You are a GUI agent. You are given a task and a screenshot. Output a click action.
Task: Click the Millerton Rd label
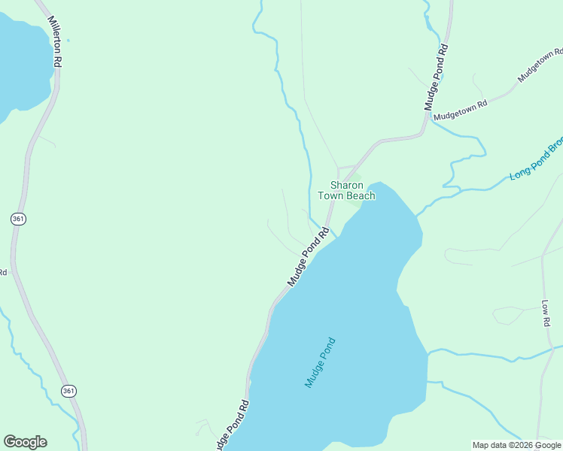point(53,42)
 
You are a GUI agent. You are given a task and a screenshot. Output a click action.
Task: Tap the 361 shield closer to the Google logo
point(68,391)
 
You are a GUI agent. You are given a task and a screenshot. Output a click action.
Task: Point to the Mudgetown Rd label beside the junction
point(461,110)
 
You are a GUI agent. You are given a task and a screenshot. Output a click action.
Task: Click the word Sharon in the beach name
point(347,185)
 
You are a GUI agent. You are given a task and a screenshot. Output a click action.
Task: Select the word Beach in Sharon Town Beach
point(361,196)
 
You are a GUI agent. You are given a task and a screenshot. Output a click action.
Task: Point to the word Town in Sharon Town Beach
point(330,196)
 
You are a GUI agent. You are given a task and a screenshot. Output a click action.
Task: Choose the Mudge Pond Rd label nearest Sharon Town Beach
point(309,256)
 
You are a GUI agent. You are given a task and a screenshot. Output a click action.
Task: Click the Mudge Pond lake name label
point(320,362)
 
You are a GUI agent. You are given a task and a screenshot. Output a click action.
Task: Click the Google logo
point(25,442)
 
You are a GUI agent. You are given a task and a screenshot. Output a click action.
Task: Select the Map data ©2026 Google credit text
point(516,445)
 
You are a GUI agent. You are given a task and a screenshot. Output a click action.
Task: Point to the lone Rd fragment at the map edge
point(3,271)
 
